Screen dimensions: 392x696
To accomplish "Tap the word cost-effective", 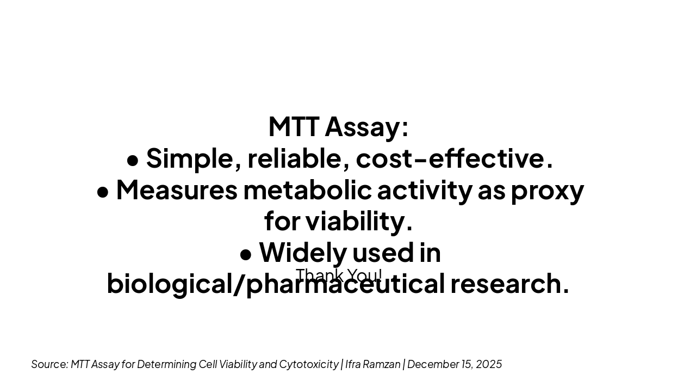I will pyautogui.click(x=454, y=158).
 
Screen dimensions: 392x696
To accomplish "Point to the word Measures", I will pyautogui.click(x=177, y=190).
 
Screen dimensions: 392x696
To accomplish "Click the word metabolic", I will pyautogui.click(x=307, y=190).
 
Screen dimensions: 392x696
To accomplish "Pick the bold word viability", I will pyautogui.click(x=358, y=221).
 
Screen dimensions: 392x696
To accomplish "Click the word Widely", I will pyautogui.click(x=302, y=253).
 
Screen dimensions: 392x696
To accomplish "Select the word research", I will pyautogui.click(x=509, y=284).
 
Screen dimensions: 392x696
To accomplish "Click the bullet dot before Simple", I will pyautogui.click(x=132, y=160).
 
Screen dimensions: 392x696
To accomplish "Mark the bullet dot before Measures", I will pyautogui.click(x=102, y=192).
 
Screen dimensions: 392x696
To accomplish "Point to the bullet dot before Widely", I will pyautogui.click(x=245, y=254).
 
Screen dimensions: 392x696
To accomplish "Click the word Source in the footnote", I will pyautogui.click(x=49, y=364).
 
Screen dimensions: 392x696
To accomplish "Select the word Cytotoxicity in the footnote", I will pyautogui.click(x=308, y=364).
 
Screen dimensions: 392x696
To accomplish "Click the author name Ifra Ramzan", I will pyautogui.click(x=372, y=364).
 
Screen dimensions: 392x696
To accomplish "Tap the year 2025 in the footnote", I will pyautogui.click(x=489, y=364).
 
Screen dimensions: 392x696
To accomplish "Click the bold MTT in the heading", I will pyautogui.click(x=294, y=127).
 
